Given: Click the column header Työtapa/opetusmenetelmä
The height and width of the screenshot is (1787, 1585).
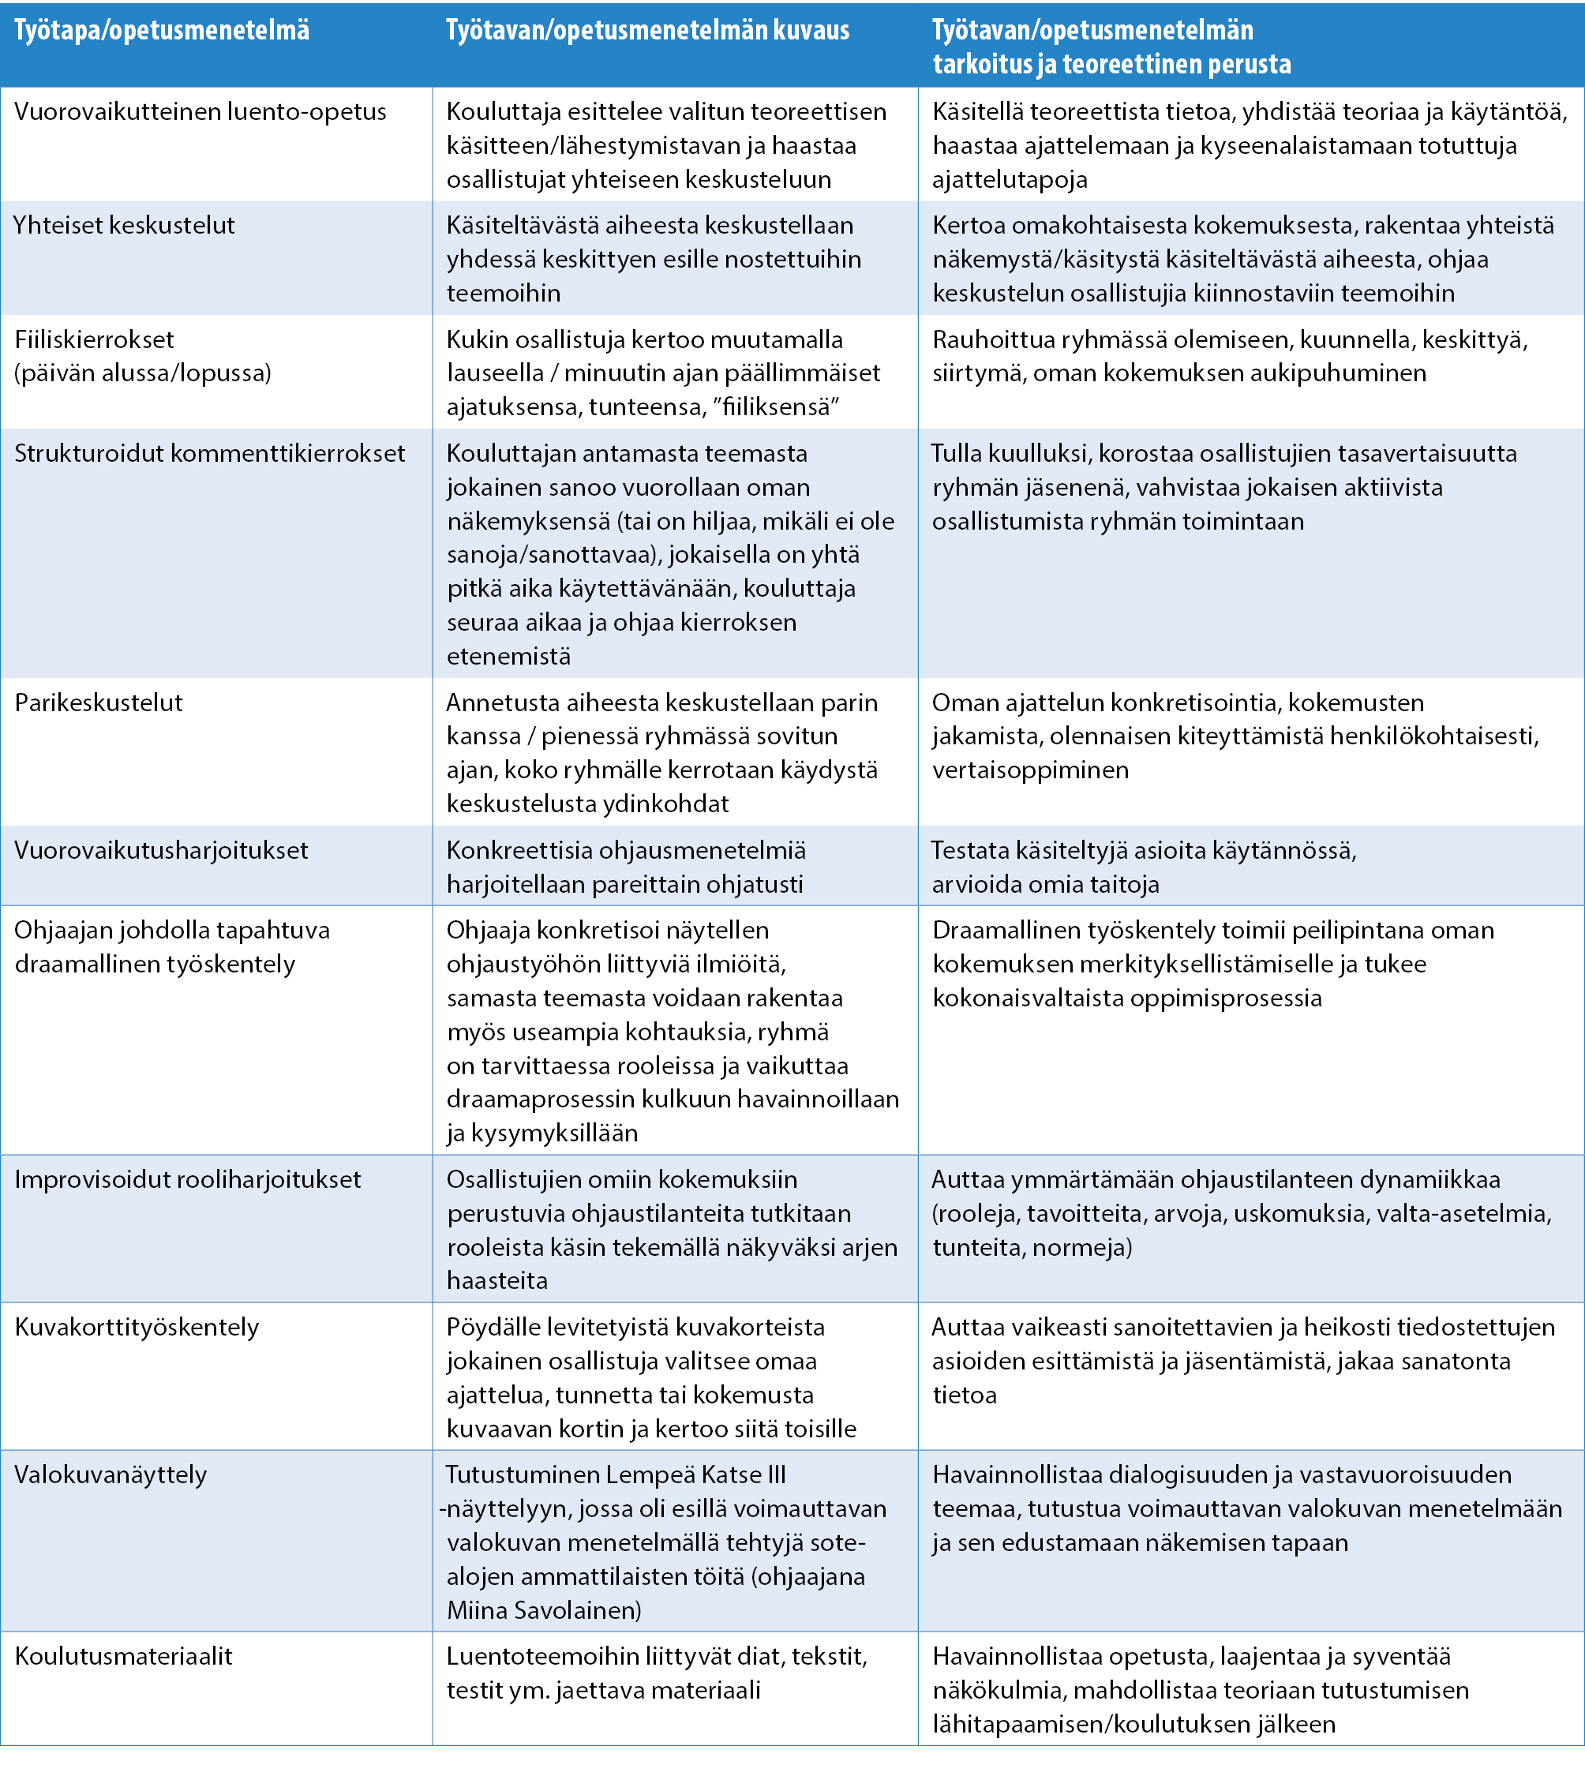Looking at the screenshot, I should (x=162, y=32).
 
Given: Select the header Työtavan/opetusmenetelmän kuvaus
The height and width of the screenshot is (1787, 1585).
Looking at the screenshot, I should (x=647, y=32).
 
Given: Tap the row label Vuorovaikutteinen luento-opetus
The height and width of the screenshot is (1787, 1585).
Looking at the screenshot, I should (x=200, y=112).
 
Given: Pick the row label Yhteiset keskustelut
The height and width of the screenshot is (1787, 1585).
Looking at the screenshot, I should (x=124, y=226).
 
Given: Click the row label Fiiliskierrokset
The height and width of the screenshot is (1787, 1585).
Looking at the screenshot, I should (x=95, y=339).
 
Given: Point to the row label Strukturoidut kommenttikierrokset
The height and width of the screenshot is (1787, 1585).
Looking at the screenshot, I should (x=210, y=453).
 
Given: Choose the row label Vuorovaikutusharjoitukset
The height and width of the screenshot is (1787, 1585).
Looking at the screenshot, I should (x=162, y=850).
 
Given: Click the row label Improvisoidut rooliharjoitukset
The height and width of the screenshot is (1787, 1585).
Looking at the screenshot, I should (x=188, y=1179).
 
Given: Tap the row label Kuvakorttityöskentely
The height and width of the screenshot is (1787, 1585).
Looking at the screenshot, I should (x=137, y=1327).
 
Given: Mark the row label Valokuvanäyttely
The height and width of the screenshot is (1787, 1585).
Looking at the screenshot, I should (x=111, y=1475).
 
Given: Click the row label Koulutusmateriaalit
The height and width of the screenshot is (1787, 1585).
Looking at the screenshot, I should (x=124, y=1656).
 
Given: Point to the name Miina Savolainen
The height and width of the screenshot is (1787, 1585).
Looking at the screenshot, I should (x=544, y=1610).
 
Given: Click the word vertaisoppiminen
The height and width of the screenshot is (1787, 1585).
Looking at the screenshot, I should (x=1030, y=770).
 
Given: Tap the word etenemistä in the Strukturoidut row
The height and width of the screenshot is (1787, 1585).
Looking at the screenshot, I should (x=509, y=657).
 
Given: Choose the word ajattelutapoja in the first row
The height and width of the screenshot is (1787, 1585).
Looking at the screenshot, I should (x=1010, y=180).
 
